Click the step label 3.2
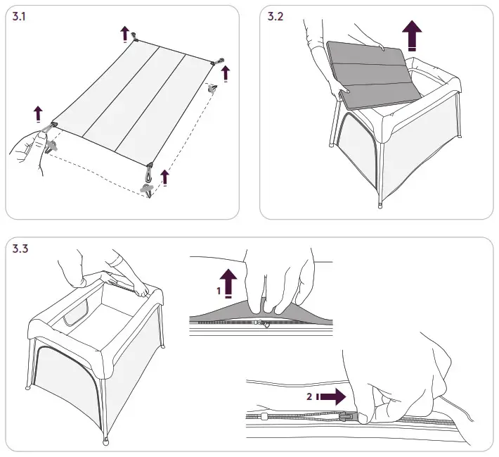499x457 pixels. (x=276, y=18)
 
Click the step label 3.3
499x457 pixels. (x=21, y=249)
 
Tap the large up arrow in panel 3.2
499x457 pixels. (x=413, y=35)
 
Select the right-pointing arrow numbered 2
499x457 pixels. (x=333, y=397)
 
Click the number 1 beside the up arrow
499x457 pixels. (x=219, y=289)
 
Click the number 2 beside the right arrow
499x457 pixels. (x=309, y=397)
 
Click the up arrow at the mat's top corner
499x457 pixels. (x=124, y=32)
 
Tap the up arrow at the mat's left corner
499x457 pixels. (x=38, y=113)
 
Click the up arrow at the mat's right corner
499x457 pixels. (x=226, y=73)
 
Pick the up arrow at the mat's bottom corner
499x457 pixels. (x=164, y=176)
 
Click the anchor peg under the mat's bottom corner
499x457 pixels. (x=147, y=189)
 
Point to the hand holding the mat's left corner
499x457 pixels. (x=28, y=148)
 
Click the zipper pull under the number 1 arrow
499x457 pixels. (x=261, y=324)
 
